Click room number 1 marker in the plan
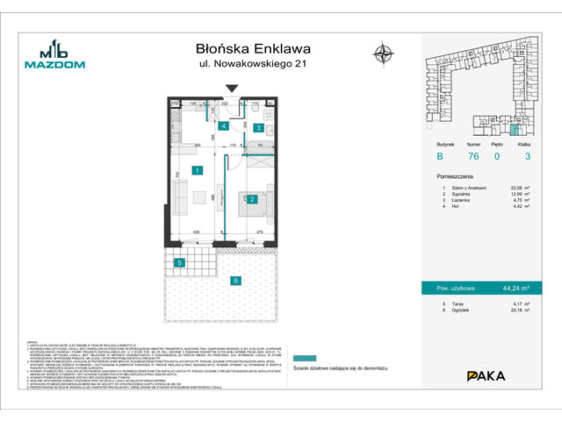[198, 170]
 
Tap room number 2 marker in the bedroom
[252, 199]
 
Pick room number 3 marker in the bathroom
[260, 128]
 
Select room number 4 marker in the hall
[224, 126]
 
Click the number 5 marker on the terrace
[179, 262]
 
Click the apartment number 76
[472, 157]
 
